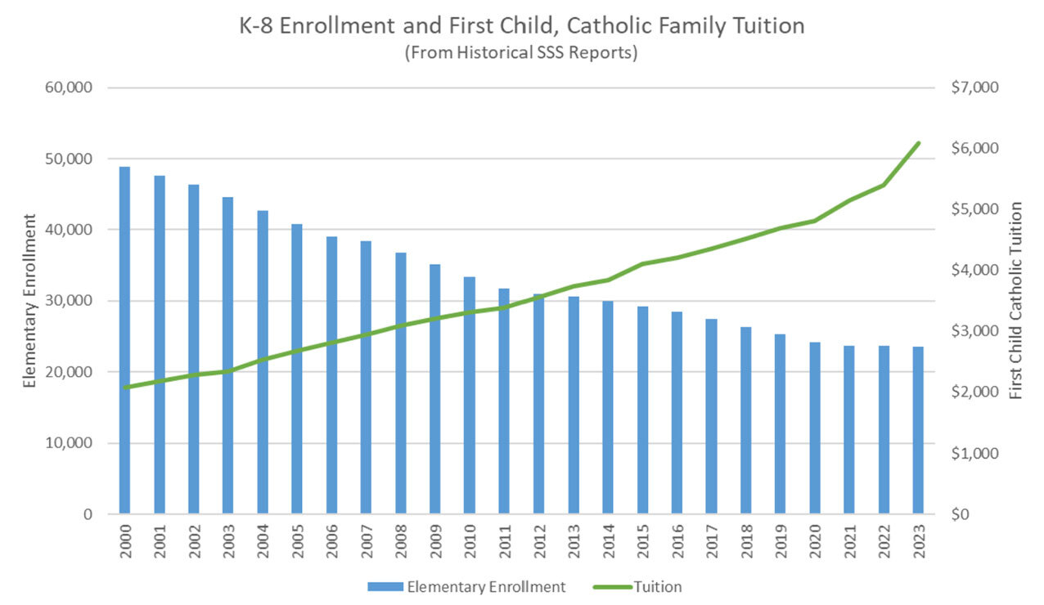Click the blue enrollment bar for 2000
[124, 343]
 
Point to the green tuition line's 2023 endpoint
[918, 143]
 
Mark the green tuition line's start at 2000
[124, 388]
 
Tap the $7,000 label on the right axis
[974, 87]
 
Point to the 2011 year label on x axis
[505, 540]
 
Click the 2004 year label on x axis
[263, 540]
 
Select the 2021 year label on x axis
[849, 540]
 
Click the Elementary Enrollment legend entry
[466, 586]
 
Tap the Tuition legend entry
[646, 586]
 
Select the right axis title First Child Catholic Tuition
[1016, 301]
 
